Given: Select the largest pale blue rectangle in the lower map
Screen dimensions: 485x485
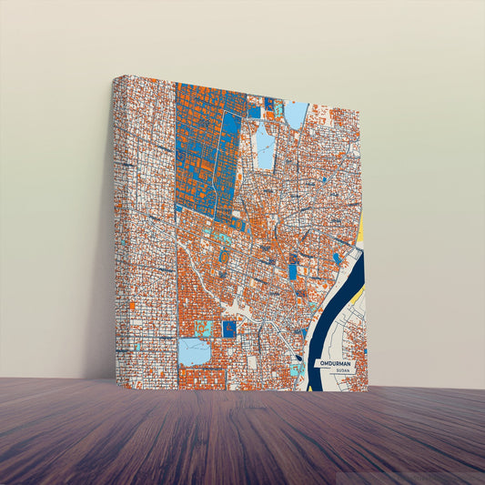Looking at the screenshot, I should point(194,351).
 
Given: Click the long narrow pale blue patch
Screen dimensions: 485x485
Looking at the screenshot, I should point(265,147).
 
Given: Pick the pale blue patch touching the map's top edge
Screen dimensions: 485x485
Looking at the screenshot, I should point(297,115).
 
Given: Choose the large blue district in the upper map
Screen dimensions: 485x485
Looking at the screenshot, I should point(205,150).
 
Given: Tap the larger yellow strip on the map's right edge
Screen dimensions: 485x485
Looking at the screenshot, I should point(359,231).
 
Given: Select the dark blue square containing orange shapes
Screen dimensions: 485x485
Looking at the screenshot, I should point(229,329).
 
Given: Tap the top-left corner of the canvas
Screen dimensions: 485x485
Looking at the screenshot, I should point(115,77).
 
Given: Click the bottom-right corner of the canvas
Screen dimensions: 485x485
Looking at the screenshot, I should point(367,391).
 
